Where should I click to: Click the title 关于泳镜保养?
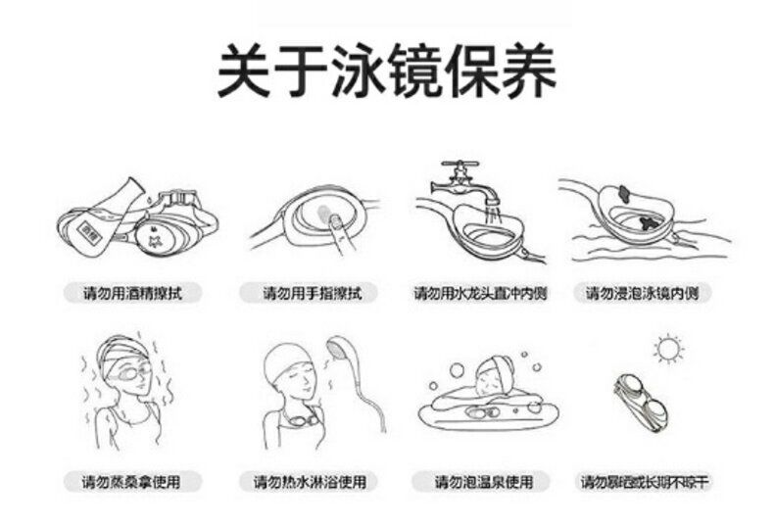click(x=387, y=71)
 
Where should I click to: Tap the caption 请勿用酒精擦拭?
click(x=132, y=293)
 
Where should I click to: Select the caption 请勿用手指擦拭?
click(x=313, y=293)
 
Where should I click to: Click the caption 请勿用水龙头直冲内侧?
click(x=480, y=293)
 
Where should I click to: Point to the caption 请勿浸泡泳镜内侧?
click(x=642, y=293)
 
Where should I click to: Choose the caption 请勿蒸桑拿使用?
click(x=131, y=481)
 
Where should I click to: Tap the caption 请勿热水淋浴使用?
click(x=310, y=481)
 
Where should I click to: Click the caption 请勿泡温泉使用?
click(x=484, y=481)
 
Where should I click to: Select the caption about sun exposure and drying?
click(x=644, y=481)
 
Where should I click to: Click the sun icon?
click(x=668, y=349)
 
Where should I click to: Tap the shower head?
click(x=339, y=349)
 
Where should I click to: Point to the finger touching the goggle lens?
click(x=338, y=233)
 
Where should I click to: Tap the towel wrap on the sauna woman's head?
click(x=123, y=350)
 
